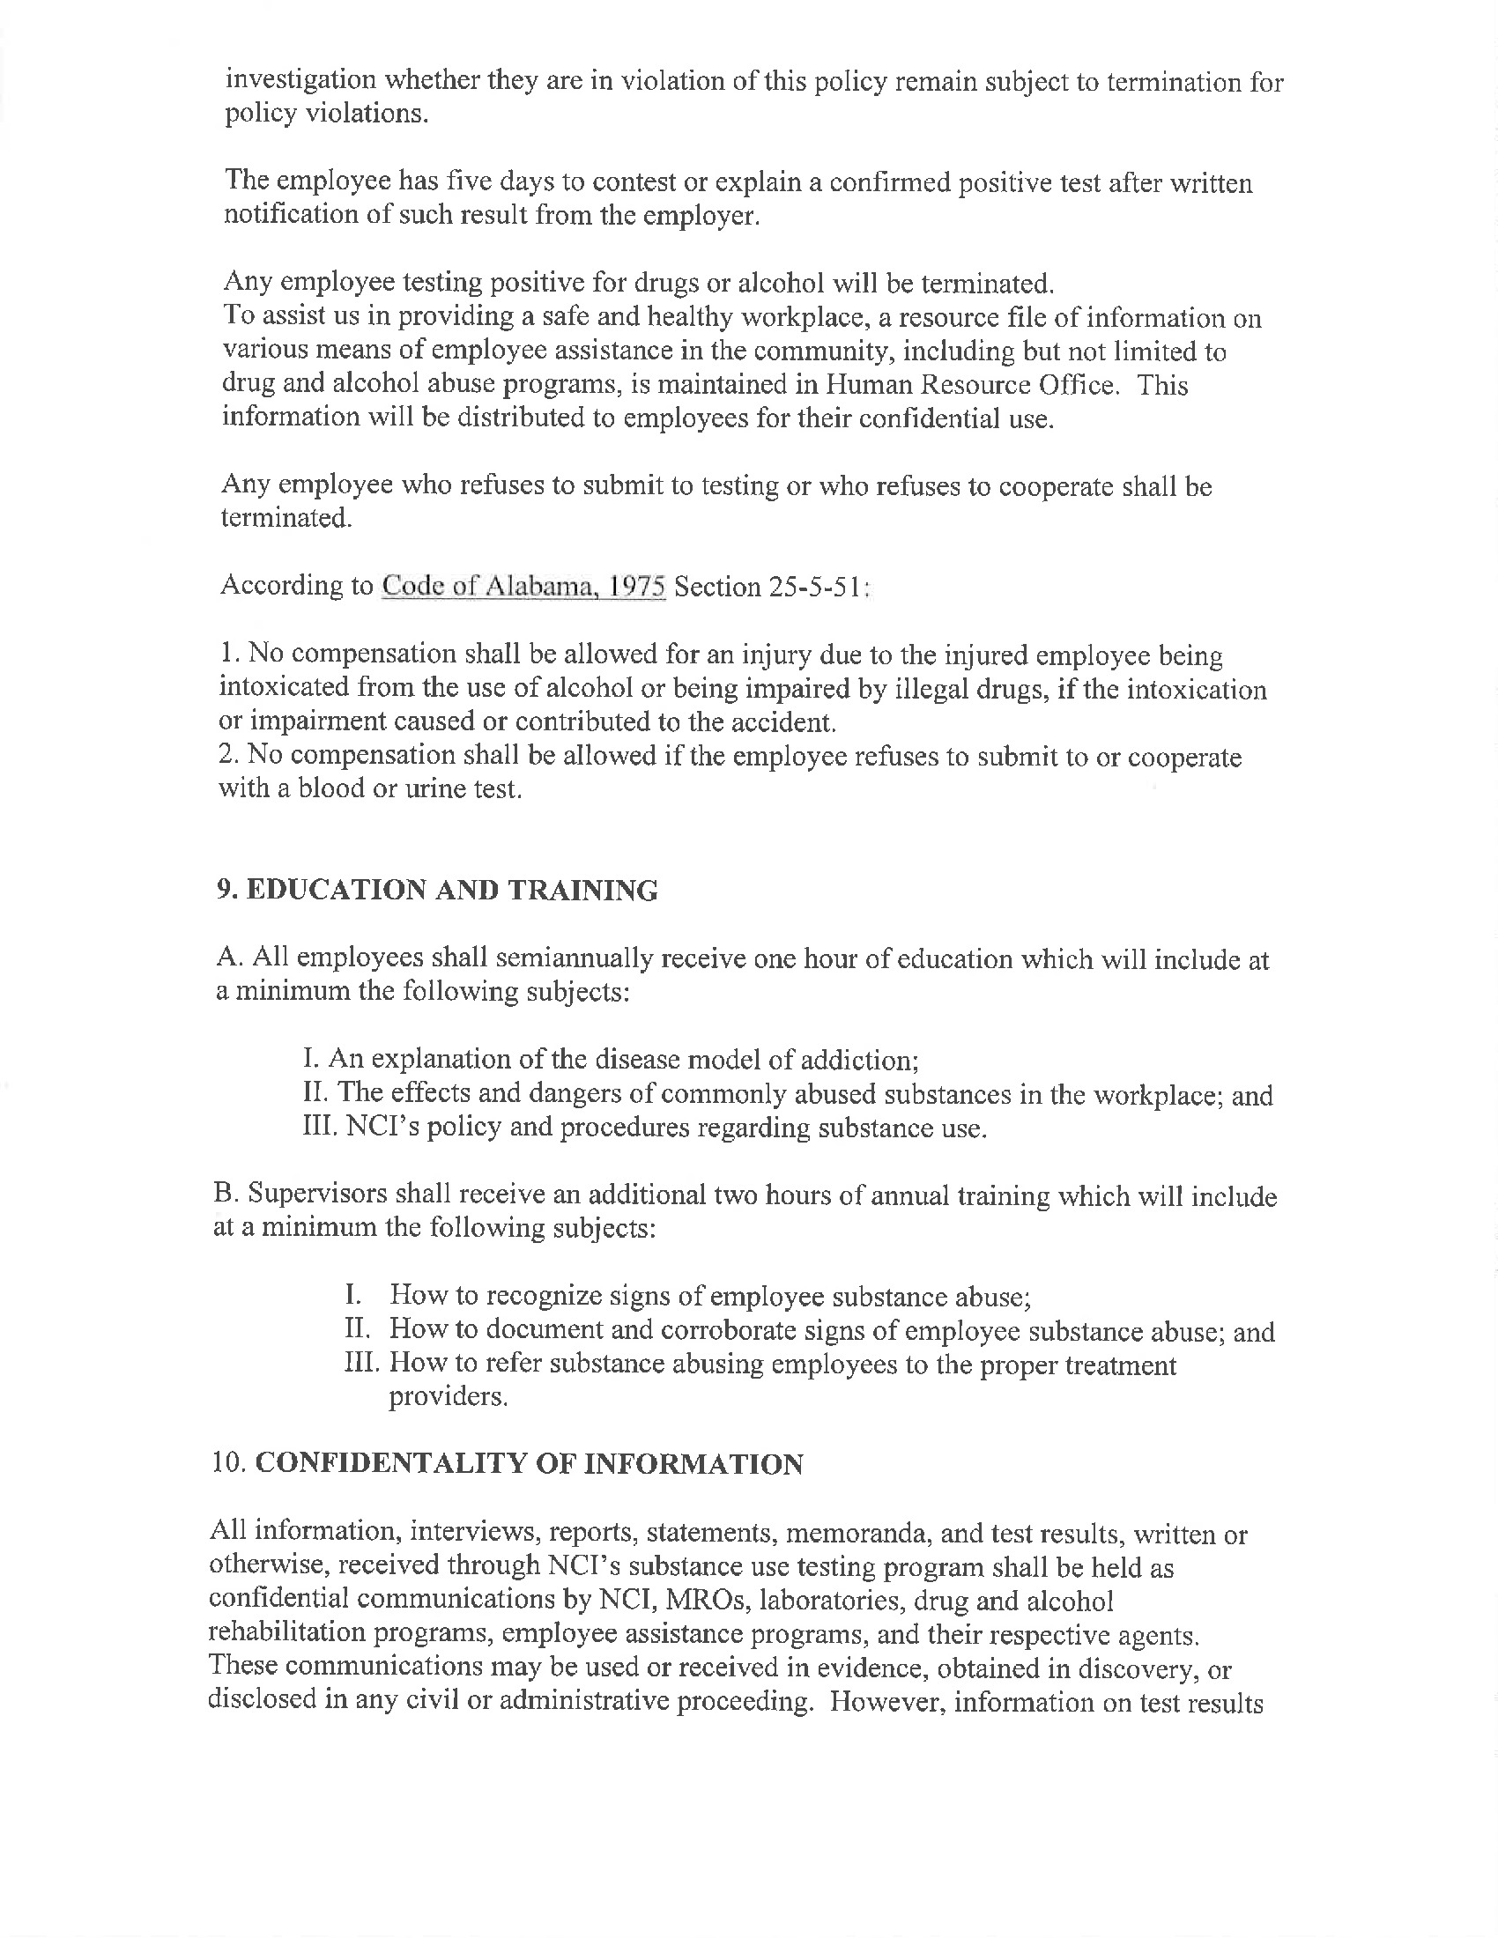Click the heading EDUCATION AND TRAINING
pos(451,891)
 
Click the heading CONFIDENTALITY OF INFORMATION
pos(529,1464)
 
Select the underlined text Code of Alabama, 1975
pos(523,587)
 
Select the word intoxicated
pos(283,689)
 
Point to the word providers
pos(449,1397)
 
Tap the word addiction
pos(857,1060)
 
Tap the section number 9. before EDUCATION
pos(227,891)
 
